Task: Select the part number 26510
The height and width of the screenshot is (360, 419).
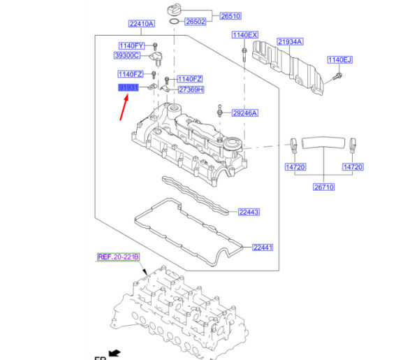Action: (x=210, y=15)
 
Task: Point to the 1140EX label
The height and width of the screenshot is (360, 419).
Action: (x=245, y=35)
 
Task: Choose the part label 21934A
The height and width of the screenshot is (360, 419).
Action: (x=289, y=42)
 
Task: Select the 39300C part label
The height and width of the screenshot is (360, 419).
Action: (x=127, y=55)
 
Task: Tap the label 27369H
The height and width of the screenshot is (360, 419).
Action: (x=191, y=90)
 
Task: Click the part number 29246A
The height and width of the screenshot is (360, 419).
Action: (x=245, y=113)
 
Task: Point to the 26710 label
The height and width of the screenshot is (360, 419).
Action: (x=323, y=187)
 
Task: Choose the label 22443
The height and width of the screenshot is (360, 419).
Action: (x=249, y=212)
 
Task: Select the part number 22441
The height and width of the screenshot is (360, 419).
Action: (x=263, y=247)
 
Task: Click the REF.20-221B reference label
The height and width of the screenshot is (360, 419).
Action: (x=118, y=257)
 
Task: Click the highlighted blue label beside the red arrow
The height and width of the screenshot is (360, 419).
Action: (x=128, y=87)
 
